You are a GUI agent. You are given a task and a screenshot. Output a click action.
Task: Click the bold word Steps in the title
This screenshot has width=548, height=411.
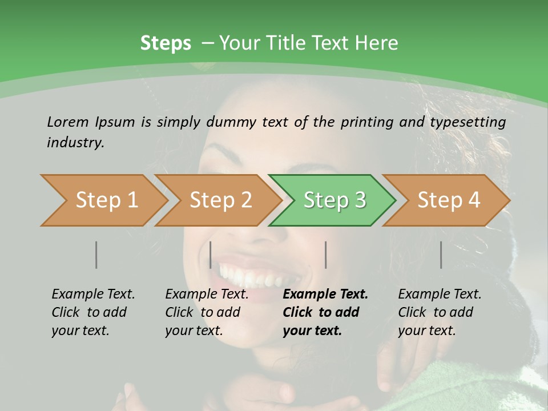[x=166, y=43]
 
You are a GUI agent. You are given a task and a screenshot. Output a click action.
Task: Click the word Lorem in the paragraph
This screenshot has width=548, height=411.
[x=68, y=122]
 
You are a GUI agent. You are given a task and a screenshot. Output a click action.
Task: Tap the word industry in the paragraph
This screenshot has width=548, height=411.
[x=75, y=143]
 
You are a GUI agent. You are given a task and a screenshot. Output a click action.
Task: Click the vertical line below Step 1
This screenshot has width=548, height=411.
[x=96, y=255]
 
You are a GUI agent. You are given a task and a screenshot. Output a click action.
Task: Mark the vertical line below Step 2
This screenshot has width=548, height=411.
[x=211, y=255]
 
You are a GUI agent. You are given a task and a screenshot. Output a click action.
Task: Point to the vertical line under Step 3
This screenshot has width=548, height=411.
[x=326, y=255]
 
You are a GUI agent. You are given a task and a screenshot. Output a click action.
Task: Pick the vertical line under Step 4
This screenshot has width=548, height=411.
[x=441, y=255]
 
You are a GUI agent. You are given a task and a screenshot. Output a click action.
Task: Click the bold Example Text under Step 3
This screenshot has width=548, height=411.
[x=325, y=295]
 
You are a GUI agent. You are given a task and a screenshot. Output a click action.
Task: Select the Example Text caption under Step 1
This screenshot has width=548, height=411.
[x=93, y=295]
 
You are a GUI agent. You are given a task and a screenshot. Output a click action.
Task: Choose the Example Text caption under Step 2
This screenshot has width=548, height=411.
[x=207, y=295]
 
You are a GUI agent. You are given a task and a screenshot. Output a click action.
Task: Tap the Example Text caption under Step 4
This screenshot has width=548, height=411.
[x=440, y=295]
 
